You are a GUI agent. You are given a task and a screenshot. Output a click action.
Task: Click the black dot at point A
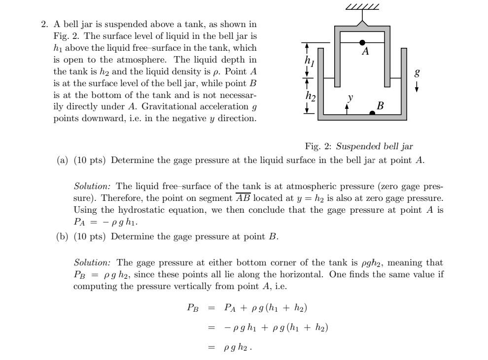[362, 43]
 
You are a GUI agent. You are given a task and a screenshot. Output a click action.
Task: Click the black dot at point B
[372, 113]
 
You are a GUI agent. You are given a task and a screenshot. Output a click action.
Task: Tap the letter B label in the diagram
[380, 105]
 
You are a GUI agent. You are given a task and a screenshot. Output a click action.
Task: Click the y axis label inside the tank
[350, 98]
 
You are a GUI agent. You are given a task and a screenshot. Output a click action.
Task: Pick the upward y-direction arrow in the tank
[347, 108]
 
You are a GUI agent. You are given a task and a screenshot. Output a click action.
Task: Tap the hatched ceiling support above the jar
[362, 7]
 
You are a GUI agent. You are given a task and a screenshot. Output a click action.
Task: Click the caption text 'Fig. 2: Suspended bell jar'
[359, 146]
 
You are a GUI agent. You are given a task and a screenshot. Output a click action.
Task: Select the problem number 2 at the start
[44, 24]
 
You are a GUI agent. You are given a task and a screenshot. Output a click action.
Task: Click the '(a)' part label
[63, 161]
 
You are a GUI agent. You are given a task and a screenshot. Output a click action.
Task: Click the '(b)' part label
[63, 236]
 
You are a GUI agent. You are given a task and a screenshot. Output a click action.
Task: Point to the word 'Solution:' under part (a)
[93, 186]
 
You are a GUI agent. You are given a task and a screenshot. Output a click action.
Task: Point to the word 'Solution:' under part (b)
[93, 262]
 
